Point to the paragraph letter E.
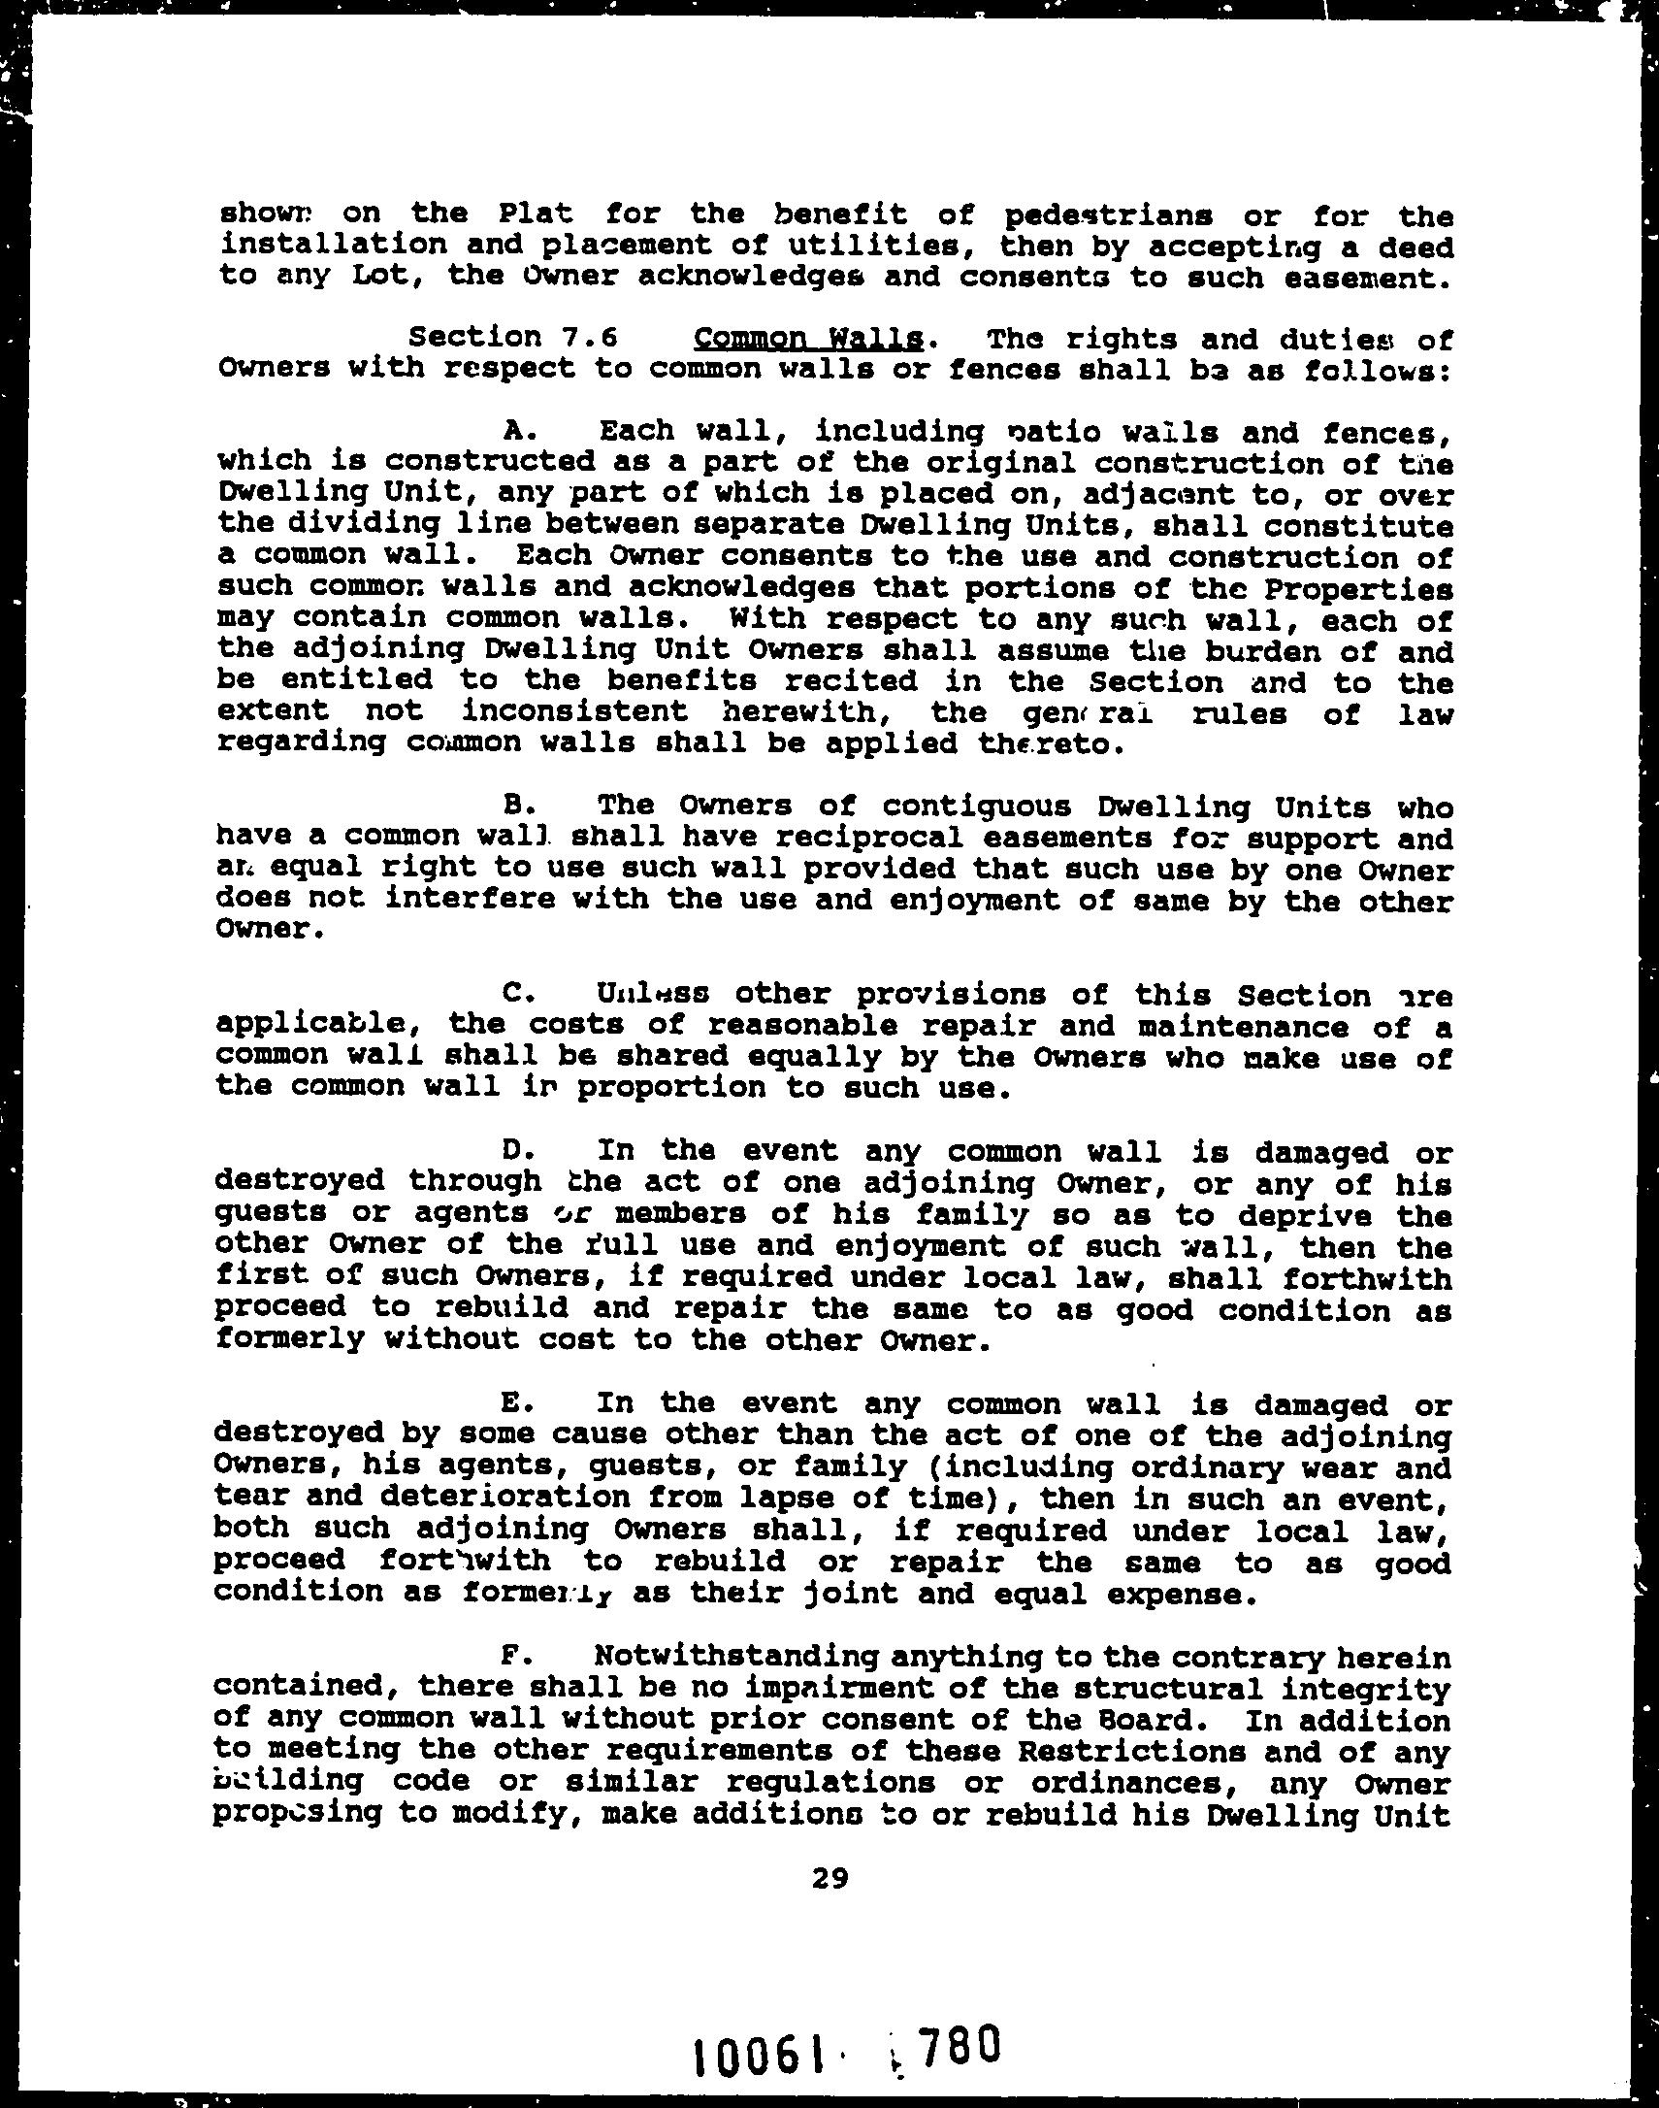point(514,1402)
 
